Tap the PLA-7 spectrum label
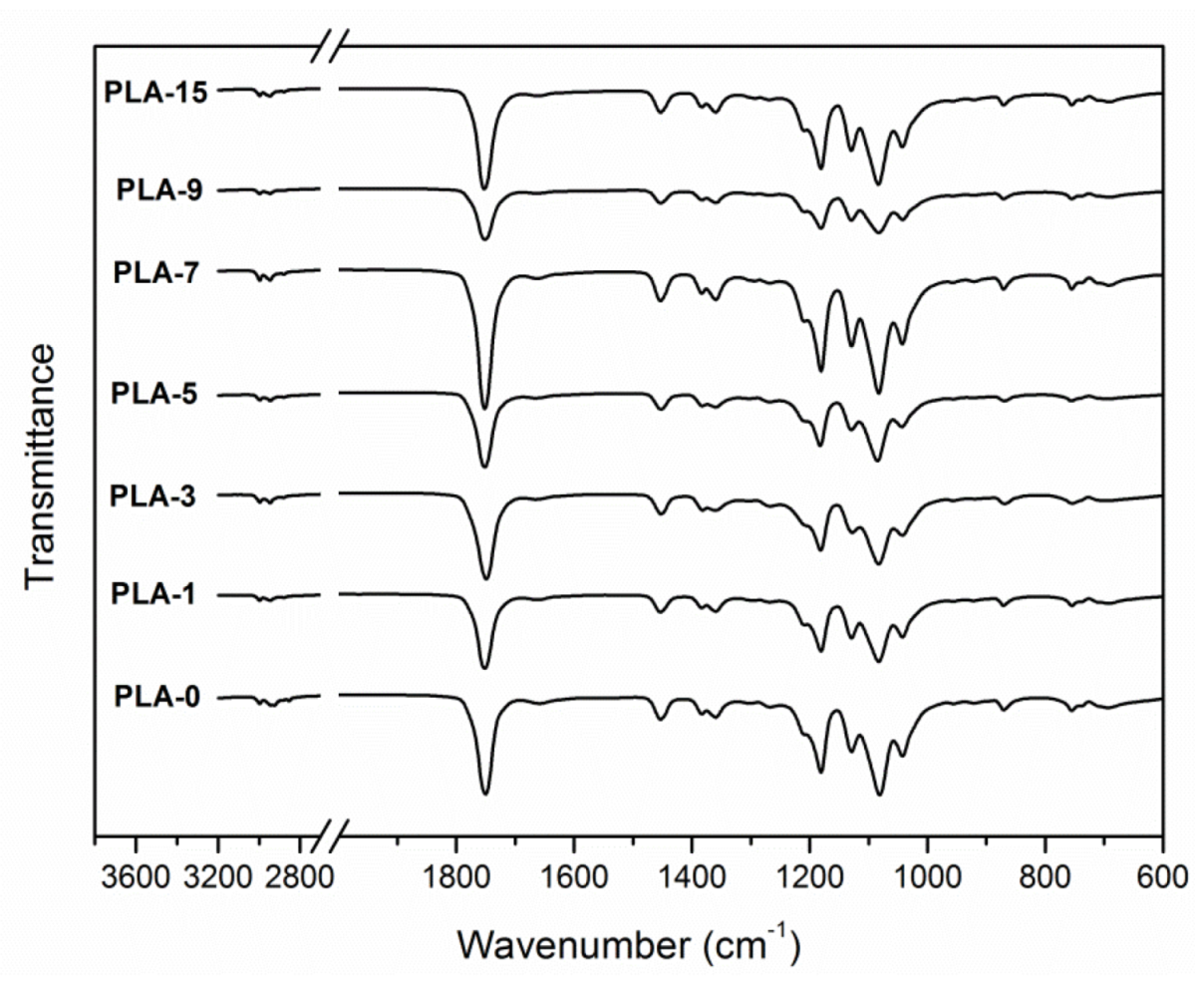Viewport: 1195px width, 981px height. pos(159,271)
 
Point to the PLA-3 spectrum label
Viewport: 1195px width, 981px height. pos(159,496)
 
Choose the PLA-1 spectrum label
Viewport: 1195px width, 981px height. pos(159,596)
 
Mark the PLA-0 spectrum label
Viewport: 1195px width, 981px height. pos(159,696)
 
